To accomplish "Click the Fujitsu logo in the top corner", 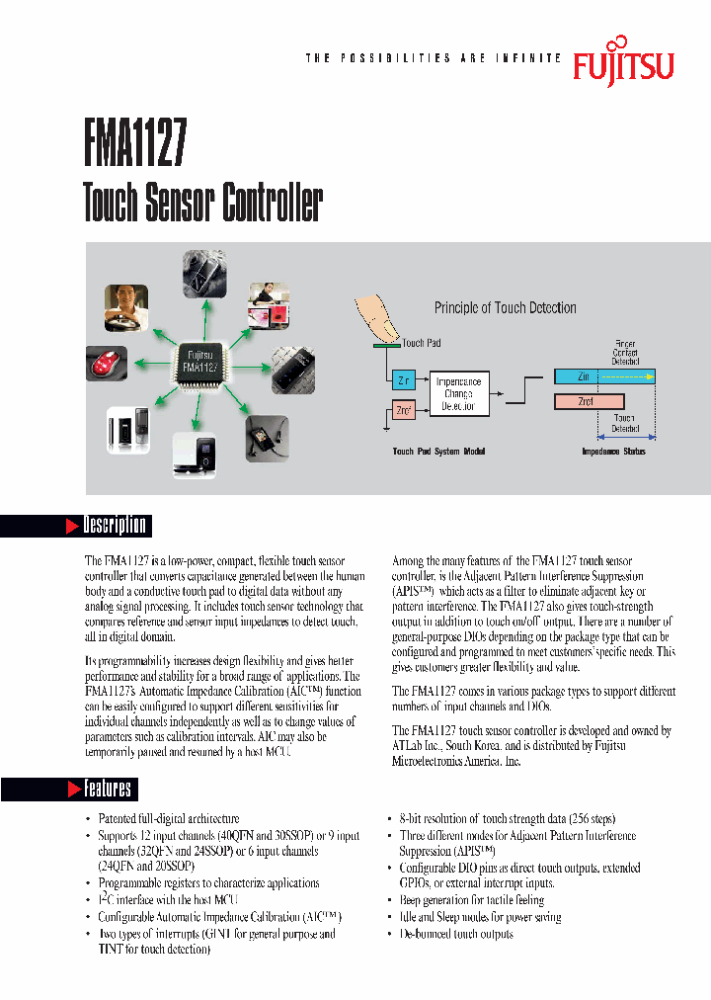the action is tap(623, 61).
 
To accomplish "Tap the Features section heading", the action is tap(107, 788).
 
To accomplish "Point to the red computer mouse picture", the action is tap(106, 363).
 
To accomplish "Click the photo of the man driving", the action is tap(126, 307).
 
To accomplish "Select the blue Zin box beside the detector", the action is tap(402, 380).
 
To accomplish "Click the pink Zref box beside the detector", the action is tap(402, 409).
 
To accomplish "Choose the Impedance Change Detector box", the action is tap(458, 393).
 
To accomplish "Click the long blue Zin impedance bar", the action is tap(604, 376).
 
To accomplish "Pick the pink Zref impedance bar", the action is tap(589, 400).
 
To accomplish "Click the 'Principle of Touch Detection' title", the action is tap(505, 308).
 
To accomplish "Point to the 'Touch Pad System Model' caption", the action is tap(438, 452).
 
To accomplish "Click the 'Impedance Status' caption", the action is tap(612, 452).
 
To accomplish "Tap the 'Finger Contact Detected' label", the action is tap(625, 353).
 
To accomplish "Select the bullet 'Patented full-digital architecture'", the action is tap(169, 819).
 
